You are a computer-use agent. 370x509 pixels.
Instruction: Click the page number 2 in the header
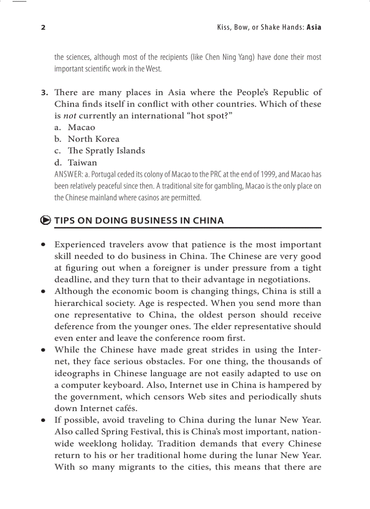pyautogui.click(x=43, y=27)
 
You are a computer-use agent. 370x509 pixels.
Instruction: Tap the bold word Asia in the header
pyautogui.click(x=314, y=27)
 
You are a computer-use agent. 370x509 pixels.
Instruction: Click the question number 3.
pyautogui.click(x=44, y=92)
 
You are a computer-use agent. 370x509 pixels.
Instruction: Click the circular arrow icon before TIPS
pyautogui.click(x=45, y=221)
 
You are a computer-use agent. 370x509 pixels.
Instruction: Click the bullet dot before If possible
pyautogui.click(x=43, y=421)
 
